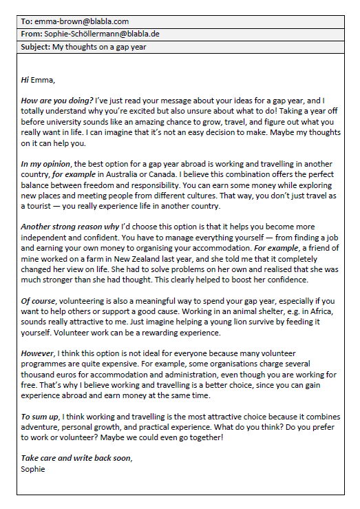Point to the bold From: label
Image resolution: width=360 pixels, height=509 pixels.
pyautogui.click(x=32, y=34)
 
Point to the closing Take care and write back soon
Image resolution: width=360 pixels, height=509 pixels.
pyautogui.click(x=76, y=458)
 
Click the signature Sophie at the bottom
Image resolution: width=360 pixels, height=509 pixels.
pyautogui.click(x=33, y=469)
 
